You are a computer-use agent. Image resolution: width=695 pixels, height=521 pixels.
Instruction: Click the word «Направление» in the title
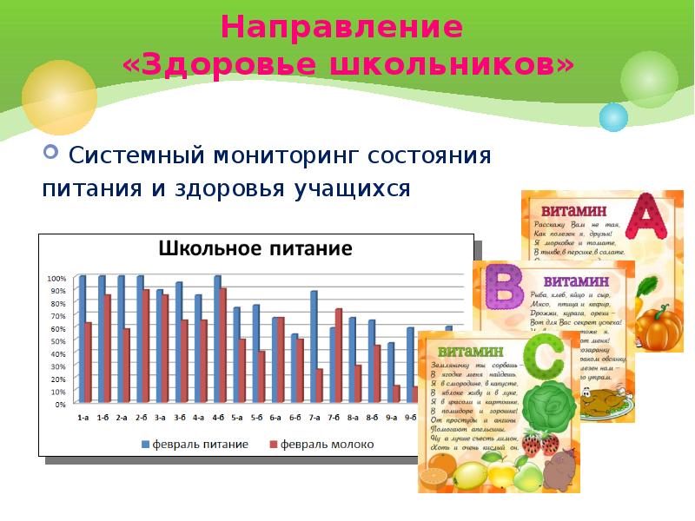[x=341, y=27]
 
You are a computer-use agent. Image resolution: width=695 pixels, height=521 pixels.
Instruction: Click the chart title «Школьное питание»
[x=255, y=249]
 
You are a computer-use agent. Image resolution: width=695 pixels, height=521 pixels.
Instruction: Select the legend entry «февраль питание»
[x=201, y=444]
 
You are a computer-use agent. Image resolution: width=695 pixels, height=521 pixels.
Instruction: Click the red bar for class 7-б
[x=339, y=356]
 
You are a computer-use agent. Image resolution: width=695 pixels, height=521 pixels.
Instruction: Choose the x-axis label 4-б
[x=218, y=418]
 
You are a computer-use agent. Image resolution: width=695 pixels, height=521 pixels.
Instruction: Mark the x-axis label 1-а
[x=83, y=418]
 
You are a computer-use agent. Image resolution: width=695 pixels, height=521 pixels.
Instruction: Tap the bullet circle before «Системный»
[x=50, y=155]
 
